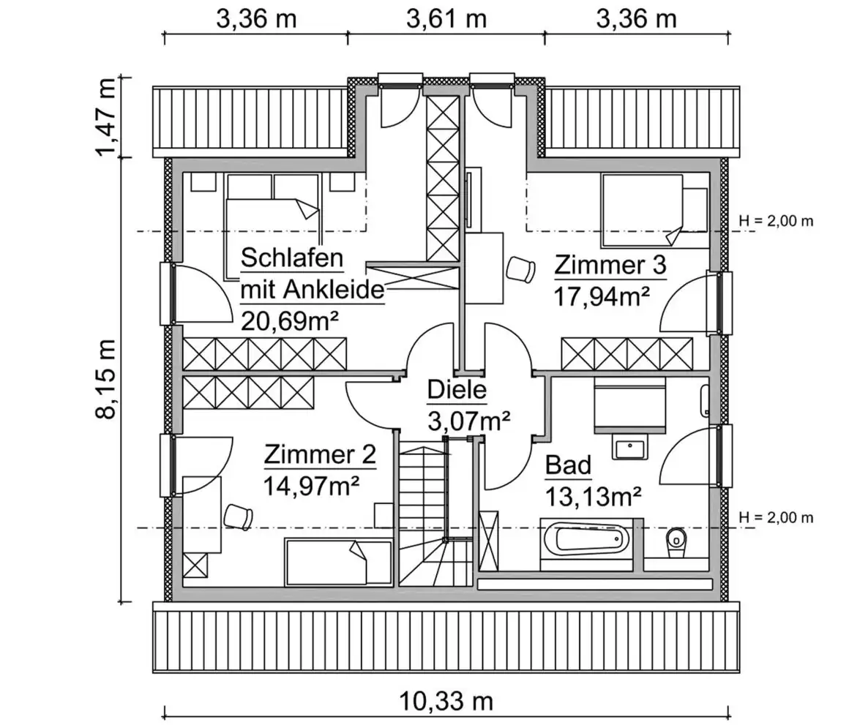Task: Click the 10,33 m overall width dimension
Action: coord(446,701)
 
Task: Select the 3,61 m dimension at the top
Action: coord(446,19)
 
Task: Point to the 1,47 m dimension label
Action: coord(106,117)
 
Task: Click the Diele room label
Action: coord(457,390)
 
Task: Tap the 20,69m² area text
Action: coord(290,320)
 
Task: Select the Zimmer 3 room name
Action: coord(610,265)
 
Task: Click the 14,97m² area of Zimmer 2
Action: coord(312,485)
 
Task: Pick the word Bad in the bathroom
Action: coord(568,465)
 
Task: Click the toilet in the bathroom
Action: coord(676,543)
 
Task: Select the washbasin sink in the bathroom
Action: coord(630,448)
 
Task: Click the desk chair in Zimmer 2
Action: coord(239,516)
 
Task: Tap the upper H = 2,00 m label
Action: coord(776,221)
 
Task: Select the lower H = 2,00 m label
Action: coord(776,517)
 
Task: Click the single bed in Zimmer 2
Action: coord(338,562)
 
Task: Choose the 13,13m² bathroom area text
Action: coord(594,497)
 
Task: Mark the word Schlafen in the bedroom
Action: coord(292,258)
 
